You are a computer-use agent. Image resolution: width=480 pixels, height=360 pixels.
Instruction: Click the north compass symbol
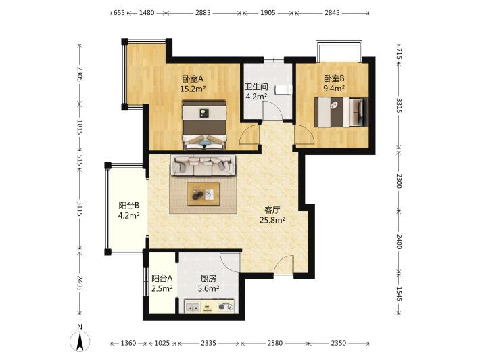coord(80,341)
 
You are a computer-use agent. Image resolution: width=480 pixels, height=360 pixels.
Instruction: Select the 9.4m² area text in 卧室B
coord(334,89)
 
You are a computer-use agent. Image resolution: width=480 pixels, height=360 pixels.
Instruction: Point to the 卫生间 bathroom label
coord(256,87)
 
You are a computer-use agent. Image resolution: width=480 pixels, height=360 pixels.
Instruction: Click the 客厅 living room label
coord(272,210)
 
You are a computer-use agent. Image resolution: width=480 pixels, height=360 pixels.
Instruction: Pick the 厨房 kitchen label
coord(208,279)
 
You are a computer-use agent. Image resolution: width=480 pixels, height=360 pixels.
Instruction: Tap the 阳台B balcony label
coord(129,205)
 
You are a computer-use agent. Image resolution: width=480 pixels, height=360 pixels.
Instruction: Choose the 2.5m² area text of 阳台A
coord(162,288)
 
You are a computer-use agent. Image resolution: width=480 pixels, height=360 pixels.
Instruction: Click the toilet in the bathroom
coord(283,90)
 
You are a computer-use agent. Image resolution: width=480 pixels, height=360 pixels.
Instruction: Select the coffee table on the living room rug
coord(203,194)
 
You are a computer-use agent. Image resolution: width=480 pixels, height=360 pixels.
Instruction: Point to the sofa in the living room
coord(203,165)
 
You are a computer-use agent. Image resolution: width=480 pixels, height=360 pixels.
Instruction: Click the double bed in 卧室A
coord(204,125)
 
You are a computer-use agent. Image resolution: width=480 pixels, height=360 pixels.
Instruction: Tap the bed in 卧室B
coord(341,112)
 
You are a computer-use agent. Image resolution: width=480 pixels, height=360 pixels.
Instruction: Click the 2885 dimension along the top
coord(203,13)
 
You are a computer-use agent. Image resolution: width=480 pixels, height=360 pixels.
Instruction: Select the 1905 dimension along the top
coord(268,13)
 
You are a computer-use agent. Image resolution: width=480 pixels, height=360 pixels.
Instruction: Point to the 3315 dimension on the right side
coord(399,106)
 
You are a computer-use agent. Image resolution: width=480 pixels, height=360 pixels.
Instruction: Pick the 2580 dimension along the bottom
coord(274,343)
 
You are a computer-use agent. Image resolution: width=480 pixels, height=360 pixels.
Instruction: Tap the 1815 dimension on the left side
coord(80,127)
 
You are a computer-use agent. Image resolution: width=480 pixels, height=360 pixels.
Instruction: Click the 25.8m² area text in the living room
coord(272,220)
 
